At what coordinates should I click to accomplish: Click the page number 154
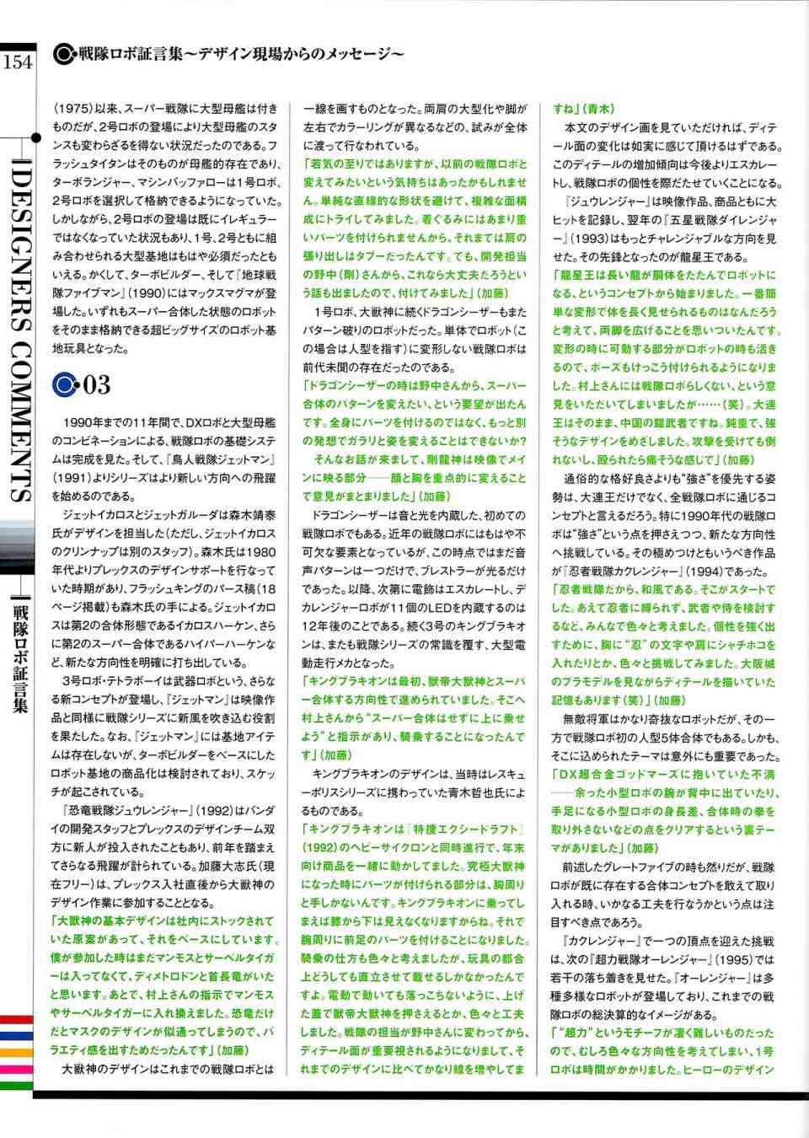17,62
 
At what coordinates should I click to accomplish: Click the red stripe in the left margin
15,1021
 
